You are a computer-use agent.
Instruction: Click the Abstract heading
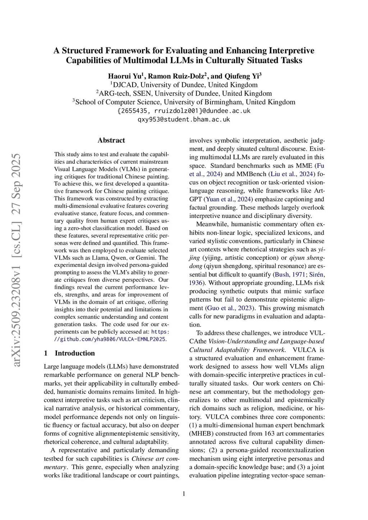(111, 140)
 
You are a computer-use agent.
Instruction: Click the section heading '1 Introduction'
(69, 353)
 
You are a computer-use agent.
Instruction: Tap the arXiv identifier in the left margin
(17, 260)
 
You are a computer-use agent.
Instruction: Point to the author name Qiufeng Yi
(241, 76)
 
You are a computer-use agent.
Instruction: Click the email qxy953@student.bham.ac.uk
(184, 119)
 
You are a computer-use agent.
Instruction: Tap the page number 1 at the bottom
(184, 494)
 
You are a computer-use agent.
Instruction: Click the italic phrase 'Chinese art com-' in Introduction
(155, 459)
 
